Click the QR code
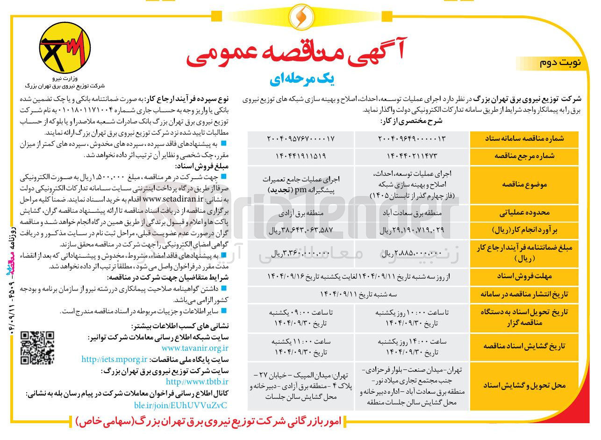(38, 347)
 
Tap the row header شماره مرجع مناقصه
(524, 157)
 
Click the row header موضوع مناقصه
(524, 185)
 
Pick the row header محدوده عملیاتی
(524, 213)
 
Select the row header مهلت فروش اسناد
(524, 277)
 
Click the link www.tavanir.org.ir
(195, 348)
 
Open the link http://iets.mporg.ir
(114, 359)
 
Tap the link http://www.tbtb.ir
(197, 382)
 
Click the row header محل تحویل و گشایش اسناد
(524, 386)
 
